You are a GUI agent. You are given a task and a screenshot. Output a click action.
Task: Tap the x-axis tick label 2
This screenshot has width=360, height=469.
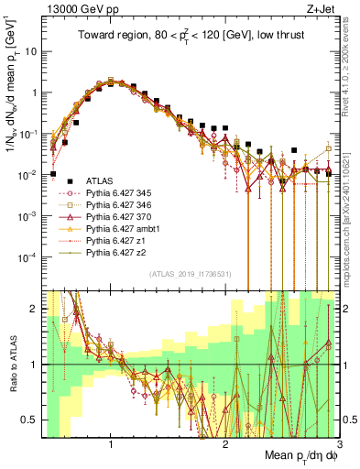point(225,446)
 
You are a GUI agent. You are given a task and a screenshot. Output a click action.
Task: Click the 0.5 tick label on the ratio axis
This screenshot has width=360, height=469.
point(31,420)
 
